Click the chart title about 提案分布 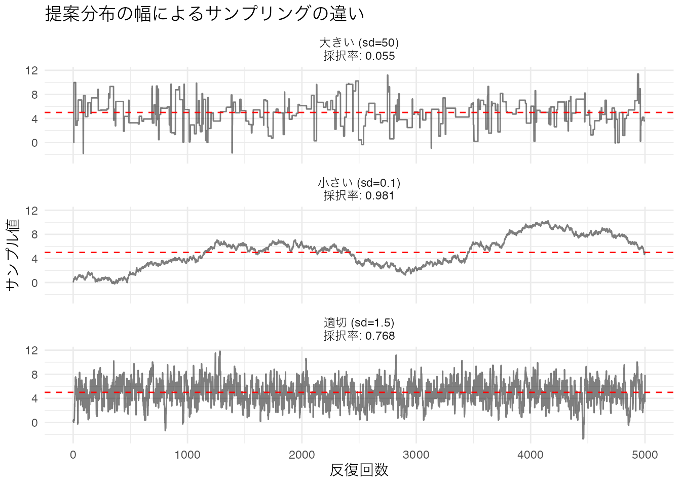pos(205,14)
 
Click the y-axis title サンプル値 pos(13,254)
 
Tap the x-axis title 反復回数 pos(359,470)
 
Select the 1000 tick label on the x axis pos(187,455)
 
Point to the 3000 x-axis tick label pos(416,455)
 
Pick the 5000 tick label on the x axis pos(645,455)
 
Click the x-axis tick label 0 pos(73,455)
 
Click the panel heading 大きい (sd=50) pos(359,43)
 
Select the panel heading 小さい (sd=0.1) pos(359,183)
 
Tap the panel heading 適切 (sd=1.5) pos(359,322)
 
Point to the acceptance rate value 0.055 pos(380,56)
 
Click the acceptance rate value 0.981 pos(380,196)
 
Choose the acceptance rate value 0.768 pos(380,336)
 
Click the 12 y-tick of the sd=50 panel pos(31,70)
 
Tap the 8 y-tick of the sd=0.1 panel pos(34,234)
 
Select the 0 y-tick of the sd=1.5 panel pos(34,423)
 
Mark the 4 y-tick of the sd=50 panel pos(34,119)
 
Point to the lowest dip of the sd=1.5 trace pos(583,438)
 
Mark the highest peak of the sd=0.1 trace pos(547,221)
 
